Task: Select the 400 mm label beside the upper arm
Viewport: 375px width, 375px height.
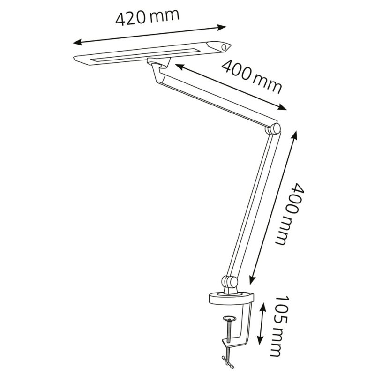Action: [252, 76]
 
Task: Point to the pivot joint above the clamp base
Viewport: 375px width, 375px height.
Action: [228, 282]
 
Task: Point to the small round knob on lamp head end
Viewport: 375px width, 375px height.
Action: [225, 47]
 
